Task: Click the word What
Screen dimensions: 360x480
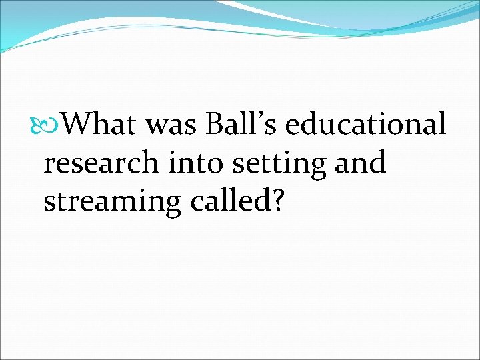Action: click(x=101, y=123)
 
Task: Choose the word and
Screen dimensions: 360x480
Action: click(x=359, y=163)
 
